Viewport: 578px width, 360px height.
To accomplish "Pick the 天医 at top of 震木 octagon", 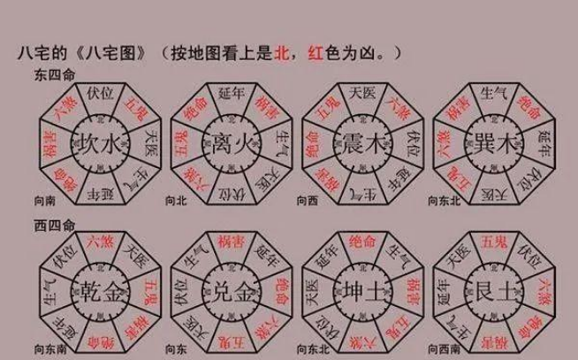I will click(x=358, y=92).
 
